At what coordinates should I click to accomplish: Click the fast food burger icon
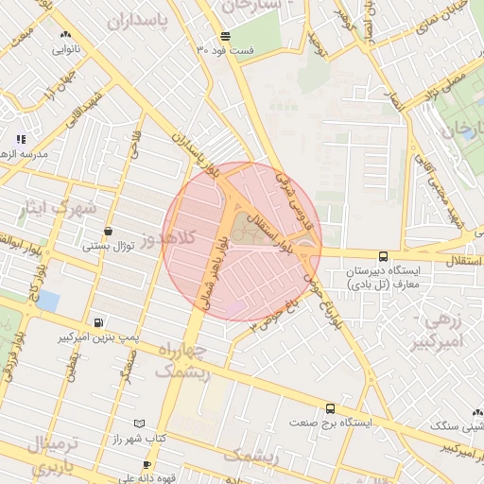pyautogui.click(x=224, y=37)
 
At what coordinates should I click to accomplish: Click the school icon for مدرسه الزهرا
pyautogui.click(x=21, y=139)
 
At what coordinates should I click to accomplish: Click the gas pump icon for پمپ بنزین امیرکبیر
pyautogui.click(x=100, y=321)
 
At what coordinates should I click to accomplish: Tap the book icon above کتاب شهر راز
pyautogui.click(x=140, y=423)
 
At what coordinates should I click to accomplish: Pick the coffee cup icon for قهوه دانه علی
pyautogui.click(x=147, y=465)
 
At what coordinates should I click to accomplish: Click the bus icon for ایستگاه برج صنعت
pyautogui.click(x=330, y=408)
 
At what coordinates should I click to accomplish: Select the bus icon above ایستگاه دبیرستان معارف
pyautogui.click(x=383, y=255)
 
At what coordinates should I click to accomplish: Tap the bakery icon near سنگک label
pyautogui.click(x=477, y=412)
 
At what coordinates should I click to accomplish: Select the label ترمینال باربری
pyautogui.click(x=44, y=454)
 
